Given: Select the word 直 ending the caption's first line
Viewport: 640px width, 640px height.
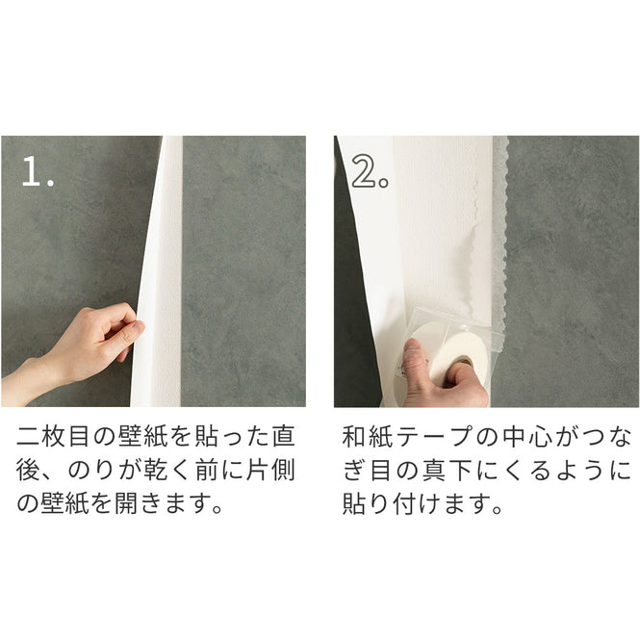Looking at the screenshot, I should [x=284, y=435].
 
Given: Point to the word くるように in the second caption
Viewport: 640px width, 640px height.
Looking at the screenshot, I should [x=558, y=470].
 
